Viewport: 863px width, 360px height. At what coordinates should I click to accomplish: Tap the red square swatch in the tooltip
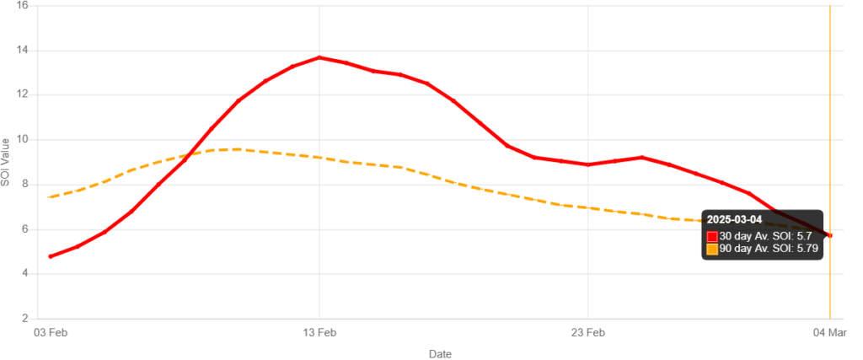(x=712, y=236)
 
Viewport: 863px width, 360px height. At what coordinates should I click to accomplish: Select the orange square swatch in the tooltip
(x=712, y=250)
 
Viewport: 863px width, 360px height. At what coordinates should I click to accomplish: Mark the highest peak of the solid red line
(x=319, y=57)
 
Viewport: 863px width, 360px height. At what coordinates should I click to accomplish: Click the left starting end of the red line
(x=51, y=256)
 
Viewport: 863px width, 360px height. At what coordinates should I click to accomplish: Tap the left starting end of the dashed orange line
(x=51, y=197)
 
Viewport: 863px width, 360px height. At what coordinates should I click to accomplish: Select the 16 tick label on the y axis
(x=24, y=6)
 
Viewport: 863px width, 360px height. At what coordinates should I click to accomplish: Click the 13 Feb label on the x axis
(x=319, y=334)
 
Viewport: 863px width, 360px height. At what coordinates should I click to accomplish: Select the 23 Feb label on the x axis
(x=588, y=334)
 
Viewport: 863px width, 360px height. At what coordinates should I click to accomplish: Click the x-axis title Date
(x=438, y=354)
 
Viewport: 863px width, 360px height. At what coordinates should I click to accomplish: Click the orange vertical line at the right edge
(x=830, y=126)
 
